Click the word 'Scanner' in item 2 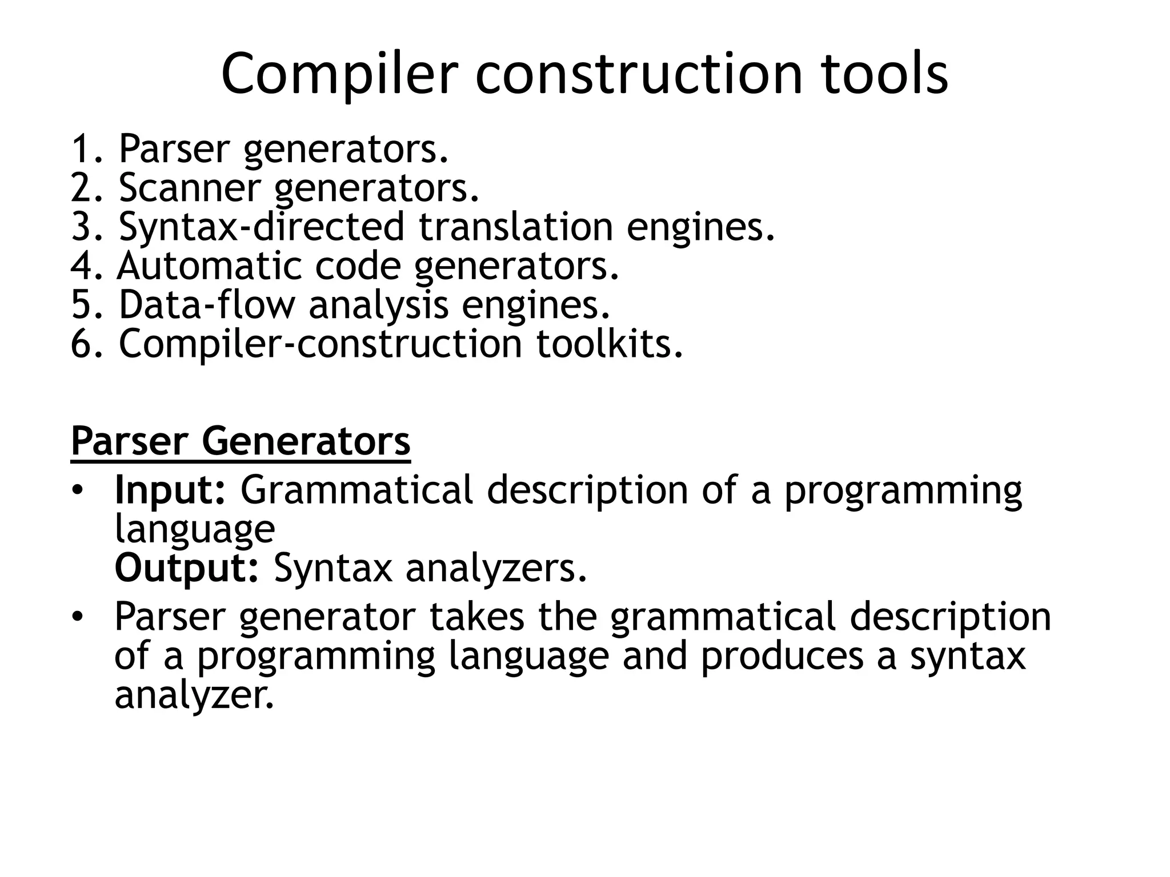pos(189,188)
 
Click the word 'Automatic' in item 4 pos(209,266)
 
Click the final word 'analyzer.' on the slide pos(194,695)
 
